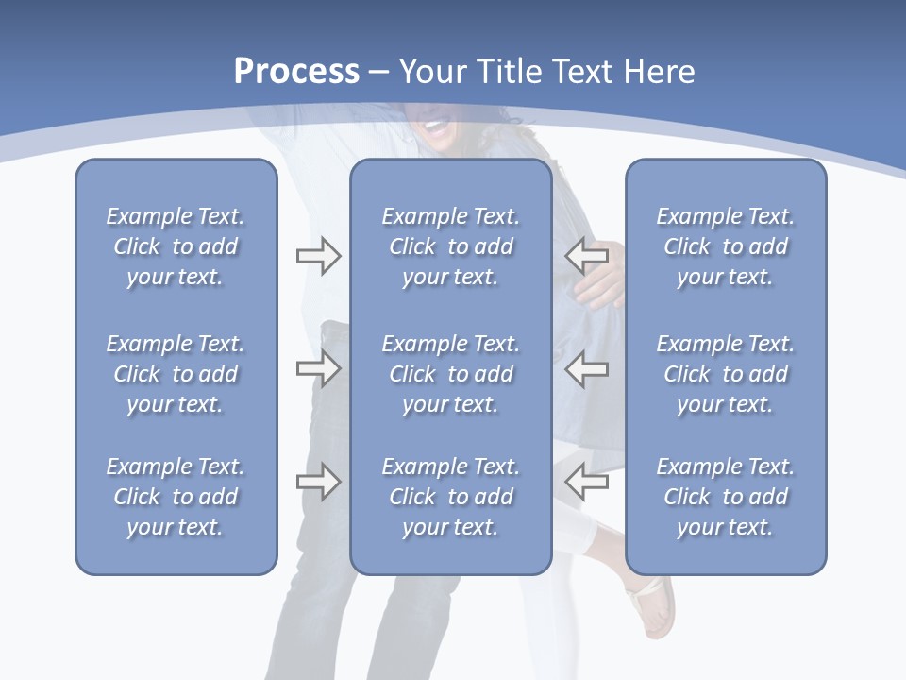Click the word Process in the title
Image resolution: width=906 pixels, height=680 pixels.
tap(296, 72)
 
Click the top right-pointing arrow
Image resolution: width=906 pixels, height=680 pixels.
tap(318, 256)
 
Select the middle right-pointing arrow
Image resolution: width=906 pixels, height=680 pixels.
tap(318, 368)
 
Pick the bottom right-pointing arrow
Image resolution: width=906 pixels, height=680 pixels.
tap(318, 482)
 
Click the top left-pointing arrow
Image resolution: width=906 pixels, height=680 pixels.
tap(586, 256)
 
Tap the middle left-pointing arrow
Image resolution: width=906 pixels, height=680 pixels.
tap(586, 368)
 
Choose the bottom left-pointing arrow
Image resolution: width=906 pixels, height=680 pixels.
tap(586, 482)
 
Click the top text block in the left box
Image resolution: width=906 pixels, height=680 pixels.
tap(176, 246)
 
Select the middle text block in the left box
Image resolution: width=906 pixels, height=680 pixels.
tap(176, 374)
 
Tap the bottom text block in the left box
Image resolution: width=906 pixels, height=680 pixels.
tap(176, 497)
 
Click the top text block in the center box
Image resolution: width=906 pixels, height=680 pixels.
tap(450, 246)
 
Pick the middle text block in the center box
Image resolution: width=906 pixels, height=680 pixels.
tap(450, 374)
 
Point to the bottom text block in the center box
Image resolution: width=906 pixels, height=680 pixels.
tap(450, 497)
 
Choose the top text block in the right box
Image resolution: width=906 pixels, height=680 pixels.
tap(725, 246)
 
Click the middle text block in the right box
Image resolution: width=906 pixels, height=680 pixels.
tap(725, 374)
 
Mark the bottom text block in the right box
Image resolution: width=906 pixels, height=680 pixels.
tap(725, 497)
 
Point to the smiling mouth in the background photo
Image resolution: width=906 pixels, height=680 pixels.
tap(436, 124)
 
